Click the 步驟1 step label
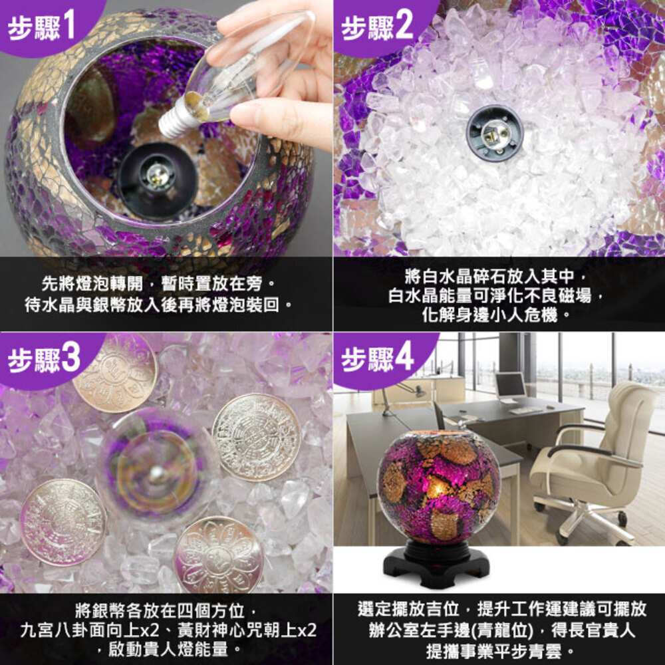coord(41,25)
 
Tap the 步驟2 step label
coord(376,25)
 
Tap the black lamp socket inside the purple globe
coord(158,181)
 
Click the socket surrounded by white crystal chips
coord(495,133)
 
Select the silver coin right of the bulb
coord(256,437)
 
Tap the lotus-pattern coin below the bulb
coord(219,555)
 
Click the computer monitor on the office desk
coord(510,386)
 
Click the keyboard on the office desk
coord(526,410)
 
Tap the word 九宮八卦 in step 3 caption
coord(55,630)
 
